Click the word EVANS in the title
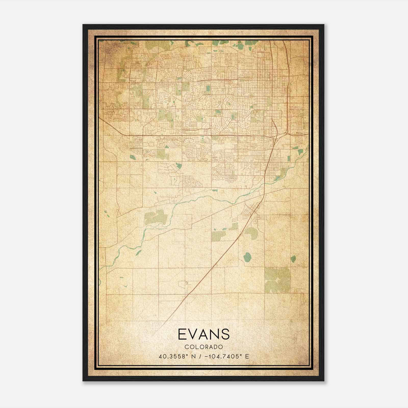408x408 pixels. click(204, 334)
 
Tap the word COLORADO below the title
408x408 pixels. click(204, 347)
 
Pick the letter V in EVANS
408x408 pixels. click(194, 334)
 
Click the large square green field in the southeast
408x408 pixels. click(277, 280)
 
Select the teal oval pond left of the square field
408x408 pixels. click(247, 257)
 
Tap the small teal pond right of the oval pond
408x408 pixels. click(293, 259)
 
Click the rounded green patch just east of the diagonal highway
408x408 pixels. click(252, 233)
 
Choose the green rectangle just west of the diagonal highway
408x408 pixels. click(219, 236)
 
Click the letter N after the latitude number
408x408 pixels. click(193, 356)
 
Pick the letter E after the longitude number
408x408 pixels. click(247, 356)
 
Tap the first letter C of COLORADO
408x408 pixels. click(187, 347)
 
